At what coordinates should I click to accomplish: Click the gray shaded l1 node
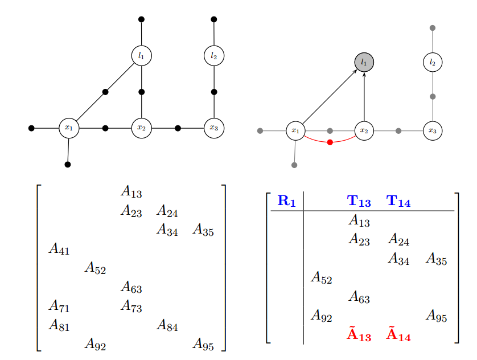tap(364, 62)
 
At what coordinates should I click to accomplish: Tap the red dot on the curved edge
tap(330, 142)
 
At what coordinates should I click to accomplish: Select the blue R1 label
tap(286, 201)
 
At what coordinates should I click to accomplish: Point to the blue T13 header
tap(359, 201)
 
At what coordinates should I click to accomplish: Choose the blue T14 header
tap(398, 201)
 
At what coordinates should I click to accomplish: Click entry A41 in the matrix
tap(60, 249)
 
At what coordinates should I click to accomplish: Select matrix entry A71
tap(60, 307)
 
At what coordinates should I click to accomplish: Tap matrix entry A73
tap(131, 307)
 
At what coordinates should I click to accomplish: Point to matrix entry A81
tap(60, 326)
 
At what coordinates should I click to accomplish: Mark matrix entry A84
tap(167, 326)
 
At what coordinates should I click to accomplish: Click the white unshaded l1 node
tap(141, 55)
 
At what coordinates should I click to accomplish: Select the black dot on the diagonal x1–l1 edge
tap(105, 92)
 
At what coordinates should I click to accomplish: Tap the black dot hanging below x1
tap(68, 165)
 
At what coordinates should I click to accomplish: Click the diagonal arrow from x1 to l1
tap(329, 97)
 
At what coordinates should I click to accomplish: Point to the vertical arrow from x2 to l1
tap(364, 97)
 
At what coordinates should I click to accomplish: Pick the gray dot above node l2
tap(433, 28)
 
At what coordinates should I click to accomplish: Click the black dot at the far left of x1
tap(31, 128)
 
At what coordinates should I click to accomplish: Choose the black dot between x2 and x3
tap(178, 128)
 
